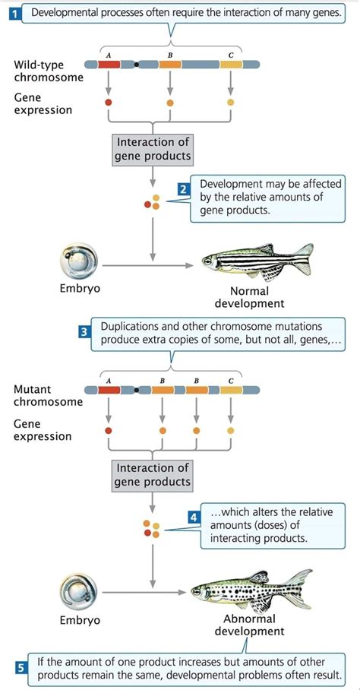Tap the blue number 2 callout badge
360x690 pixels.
click(x=183, y=189)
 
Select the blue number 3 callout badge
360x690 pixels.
click(x=84, y=331)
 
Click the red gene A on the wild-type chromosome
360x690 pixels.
click(x=109, y=65)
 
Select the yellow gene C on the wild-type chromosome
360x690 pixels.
click(x=231, y=65)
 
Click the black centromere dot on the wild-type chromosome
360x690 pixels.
click(x=136, y=65)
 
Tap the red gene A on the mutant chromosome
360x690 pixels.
click(x=109, y=390)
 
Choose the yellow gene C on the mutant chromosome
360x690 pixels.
click(x=231, y=390)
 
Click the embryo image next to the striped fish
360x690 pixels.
click(x=79, y=262)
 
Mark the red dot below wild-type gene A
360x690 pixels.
click(x=109, y=101)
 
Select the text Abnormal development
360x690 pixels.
click(x=249, y=625)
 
